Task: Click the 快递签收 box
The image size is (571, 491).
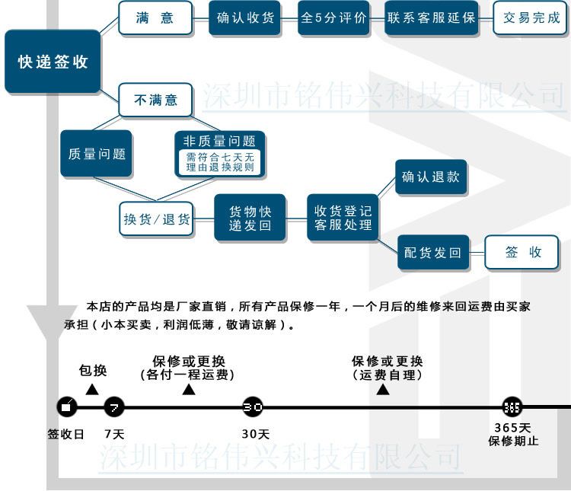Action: pos(53,62)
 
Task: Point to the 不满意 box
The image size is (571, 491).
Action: pos(155,100)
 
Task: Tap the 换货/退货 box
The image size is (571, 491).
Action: pos(157,219)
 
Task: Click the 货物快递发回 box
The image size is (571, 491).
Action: pos(250,218)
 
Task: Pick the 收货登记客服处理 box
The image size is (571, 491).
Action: pos(343,218)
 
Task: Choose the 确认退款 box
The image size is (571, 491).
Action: pos(431,177)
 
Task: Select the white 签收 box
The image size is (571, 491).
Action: pos(522,253)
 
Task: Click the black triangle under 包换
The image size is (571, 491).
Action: pos(92,389)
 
